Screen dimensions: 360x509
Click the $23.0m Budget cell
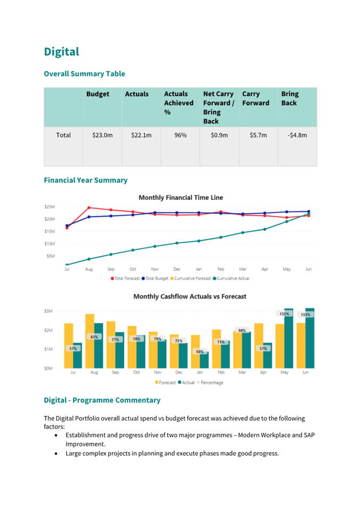102,135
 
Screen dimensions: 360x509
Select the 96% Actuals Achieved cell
180,135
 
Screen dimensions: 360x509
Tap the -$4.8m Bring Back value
297,135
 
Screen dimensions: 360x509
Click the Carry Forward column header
255,99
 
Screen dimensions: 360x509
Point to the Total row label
63,135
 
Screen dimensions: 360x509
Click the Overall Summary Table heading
84,74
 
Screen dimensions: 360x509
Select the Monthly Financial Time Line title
181,197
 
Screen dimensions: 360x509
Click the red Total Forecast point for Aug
89,207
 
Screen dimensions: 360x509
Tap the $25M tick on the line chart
50,207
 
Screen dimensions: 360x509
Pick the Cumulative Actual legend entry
231,278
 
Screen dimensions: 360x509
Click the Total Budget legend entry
155,278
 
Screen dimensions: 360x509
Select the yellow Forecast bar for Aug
90,341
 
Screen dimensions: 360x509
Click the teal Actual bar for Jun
310,338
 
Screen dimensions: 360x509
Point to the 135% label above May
284,314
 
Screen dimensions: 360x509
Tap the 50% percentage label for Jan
200,352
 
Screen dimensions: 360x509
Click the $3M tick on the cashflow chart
49,311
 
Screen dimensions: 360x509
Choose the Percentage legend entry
210,382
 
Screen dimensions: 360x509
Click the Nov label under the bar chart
157,373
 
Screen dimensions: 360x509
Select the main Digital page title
61,52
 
